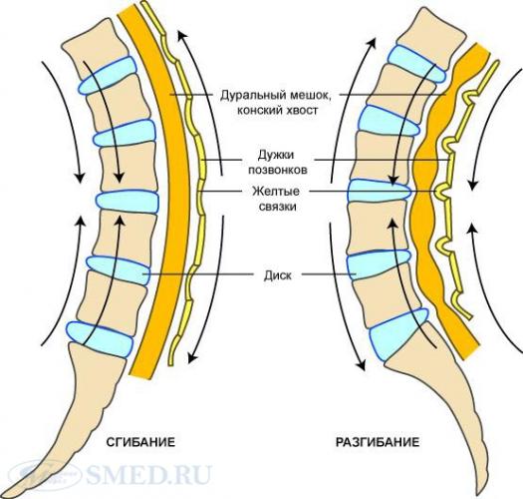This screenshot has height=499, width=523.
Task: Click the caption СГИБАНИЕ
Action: [140, 442]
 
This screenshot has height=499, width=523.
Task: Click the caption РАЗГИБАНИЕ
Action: [378, 442]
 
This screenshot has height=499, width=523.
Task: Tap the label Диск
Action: [278, 275]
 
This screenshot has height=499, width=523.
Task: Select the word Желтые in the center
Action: [276, 192]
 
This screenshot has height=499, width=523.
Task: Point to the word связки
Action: [278, 207]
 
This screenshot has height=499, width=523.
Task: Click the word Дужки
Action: [276, 155]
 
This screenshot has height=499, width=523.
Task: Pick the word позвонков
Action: [278, 170]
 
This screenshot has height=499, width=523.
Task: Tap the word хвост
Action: [302, 111]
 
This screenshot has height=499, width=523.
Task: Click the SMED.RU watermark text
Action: [149, 475]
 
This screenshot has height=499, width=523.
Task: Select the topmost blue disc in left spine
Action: [108, 75]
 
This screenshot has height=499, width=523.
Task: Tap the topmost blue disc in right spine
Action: [417, 64]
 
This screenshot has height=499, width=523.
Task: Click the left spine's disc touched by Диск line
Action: [119, 269]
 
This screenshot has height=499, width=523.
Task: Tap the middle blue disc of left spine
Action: [128, 202]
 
